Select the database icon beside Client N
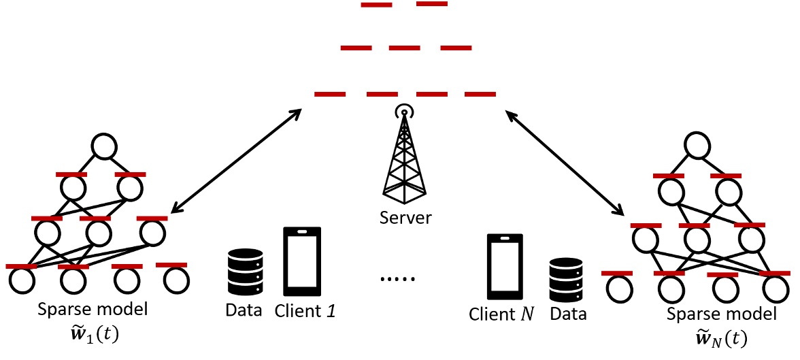567,280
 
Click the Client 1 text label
305,311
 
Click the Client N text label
502,314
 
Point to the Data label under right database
568,314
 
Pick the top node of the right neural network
698,145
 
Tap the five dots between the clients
399,278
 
